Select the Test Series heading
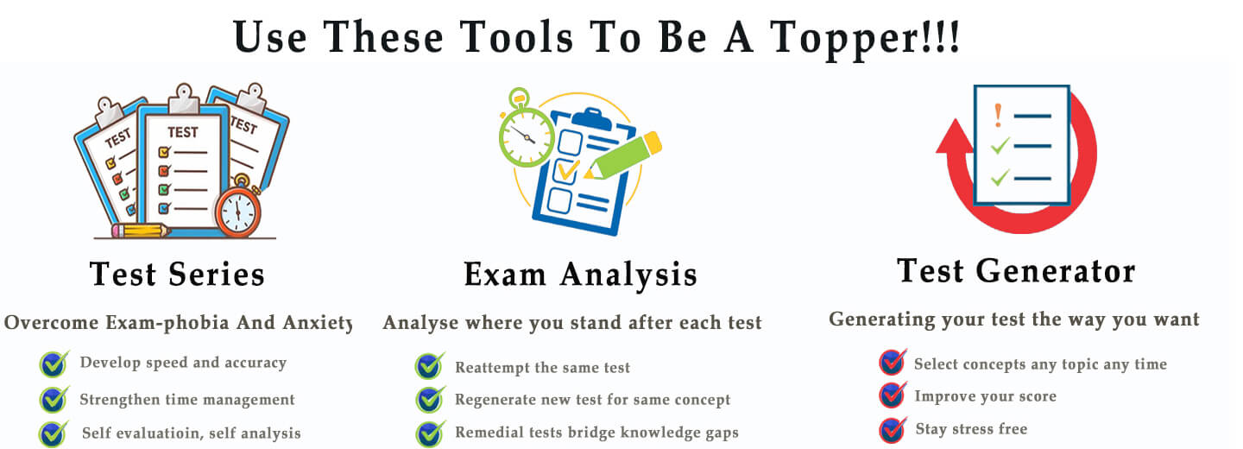(x=177, y=275)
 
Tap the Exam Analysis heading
(x=580, y=275)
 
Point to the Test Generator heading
(x=1016, y=271)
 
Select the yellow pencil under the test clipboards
(x=141, y=231)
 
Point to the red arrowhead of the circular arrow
(x=955, y=136)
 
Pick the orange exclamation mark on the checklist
(x=998, y=116)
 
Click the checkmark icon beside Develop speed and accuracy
(x=54, y=364)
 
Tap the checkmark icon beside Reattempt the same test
(x=430, y=366)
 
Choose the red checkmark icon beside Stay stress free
(x=893, y=430)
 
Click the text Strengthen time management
(x=187, y=400)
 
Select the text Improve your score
(x=986, y=396)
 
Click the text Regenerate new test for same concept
(x=593, y=400)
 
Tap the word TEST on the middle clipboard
(x=183, y=132)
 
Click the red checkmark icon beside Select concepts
(x=893, y=363)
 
